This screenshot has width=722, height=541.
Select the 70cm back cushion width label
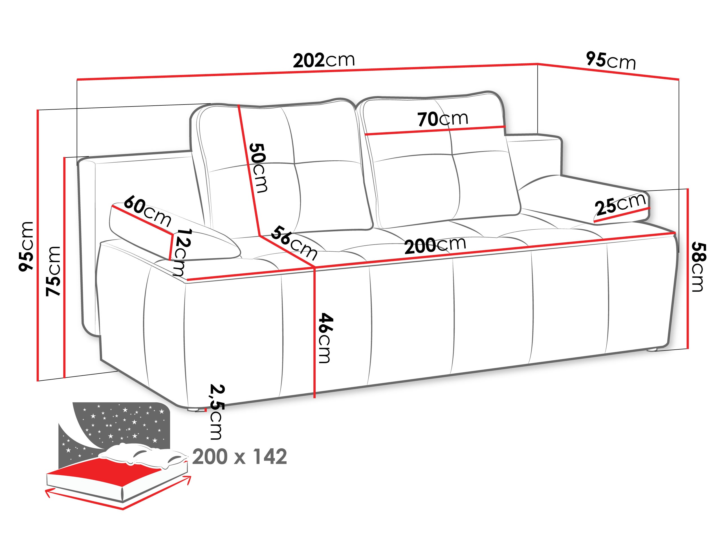[x=443, y=119]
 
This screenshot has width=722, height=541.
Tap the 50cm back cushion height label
[x=259, y=168]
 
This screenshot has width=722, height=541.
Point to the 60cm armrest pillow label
[x=148, y=211]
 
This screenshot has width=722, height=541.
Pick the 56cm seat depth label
[x=294, y=243]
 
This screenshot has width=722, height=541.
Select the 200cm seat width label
[x=435, y=245]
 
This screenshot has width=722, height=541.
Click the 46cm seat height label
[x=325, y=338]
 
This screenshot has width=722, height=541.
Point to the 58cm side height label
[x=699, y=267]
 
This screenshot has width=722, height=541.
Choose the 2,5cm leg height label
[x=217, y=412]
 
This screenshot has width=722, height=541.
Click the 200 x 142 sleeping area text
[x=239, y=456]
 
